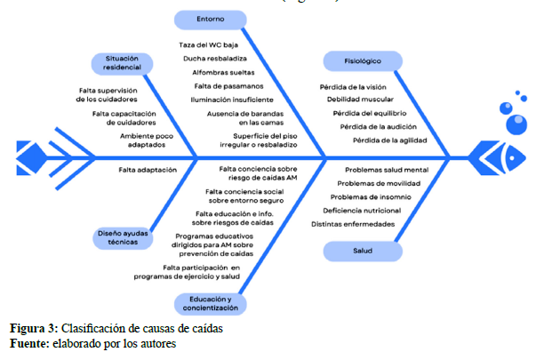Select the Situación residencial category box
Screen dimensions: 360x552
click(122, 63)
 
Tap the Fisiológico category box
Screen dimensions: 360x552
click(363, 61)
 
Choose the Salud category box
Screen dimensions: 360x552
click(363, 252)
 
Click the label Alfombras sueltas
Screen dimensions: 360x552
click(223, 72)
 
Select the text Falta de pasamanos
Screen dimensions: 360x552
click(227, 86)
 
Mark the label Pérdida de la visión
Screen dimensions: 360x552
click(354, 87)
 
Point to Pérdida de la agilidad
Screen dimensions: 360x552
click(389, 140)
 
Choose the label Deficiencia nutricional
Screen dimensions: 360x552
click(362, 211)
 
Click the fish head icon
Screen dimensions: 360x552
click(502, 158)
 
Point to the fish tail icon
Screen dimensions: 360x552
click(36, 159)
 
